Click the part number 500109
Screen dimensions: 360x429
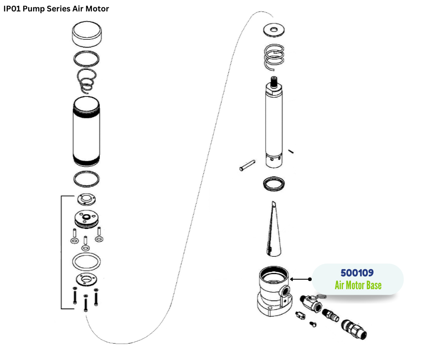coord(357,273)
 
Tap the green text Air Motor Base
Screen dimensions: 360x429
coord(358,286)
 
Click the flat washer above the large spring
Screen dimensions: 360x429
coord(274,30)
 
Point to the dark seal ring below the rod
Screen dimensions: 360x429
coord(274,184)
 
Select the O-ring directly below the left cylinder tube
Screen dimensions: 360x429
coord(87,179)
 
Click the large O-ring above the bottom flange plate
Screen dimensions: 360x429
coord(86,263)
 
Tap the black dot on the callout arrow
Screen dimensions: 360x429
coord(310,279)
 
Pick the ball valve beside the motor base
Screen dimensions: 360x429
coord(310,303)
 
